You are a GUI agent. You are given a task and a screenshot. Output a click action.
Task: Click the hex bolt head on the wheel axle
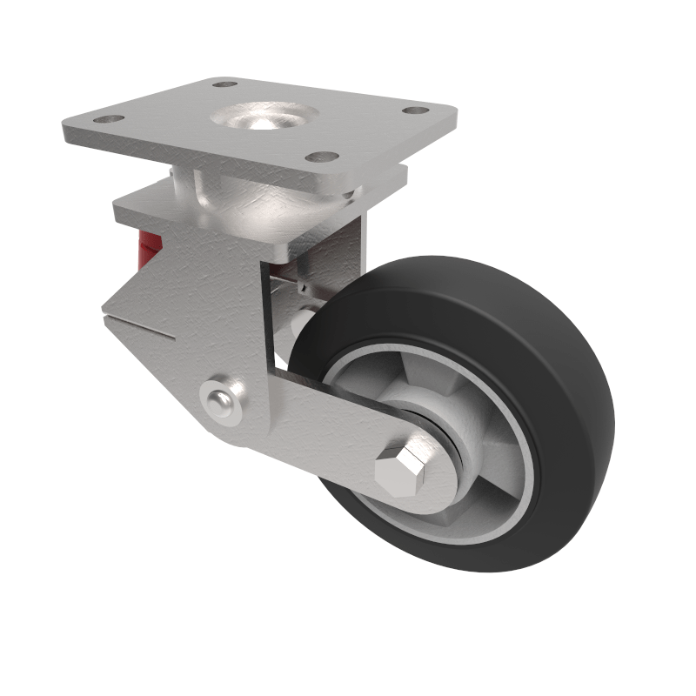click(402, 473)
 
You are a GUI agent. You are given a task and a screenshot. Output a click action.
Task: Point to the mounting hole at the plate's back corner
click(225, 85)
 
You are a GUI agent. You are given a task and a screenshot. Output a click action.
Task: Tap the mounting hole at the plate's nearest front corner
click(324, 157)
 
